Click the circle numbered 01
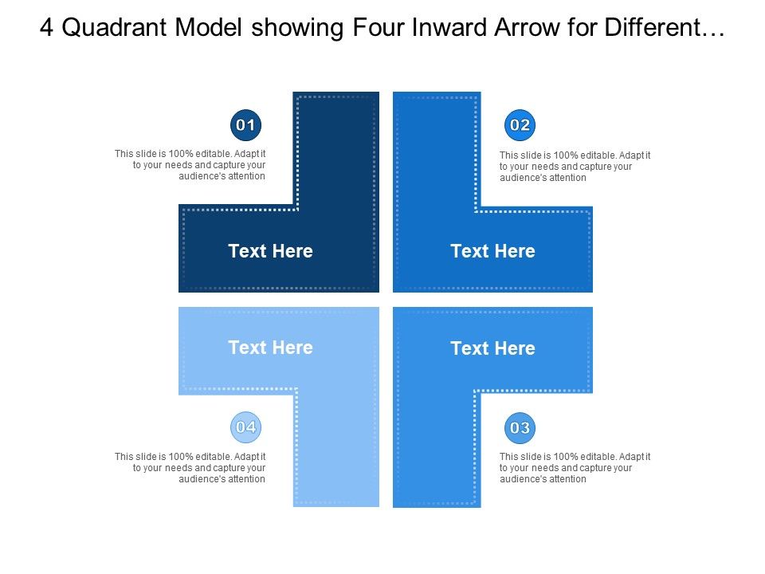coord(246,125)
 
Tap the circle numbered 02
coord(520,125)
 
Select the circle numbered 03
coord(520,428)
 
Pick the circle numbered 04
coord(246,427)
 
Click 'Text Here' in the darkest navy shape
coord(270,251)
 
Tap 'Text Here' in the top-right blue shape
coord(492,251)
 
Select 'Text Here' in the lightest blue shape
coord(270,348)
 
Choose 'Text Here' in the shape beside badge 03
coord(492,348)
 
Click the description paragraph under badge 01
coord(190,165)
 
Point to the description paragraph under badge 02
coord(575,167)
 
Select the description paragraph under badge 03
coord(575,468)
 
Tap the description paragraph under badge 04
coord(190,468)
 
